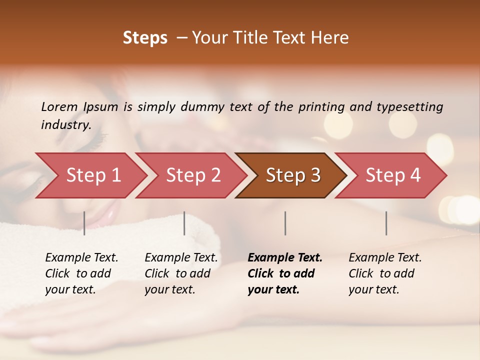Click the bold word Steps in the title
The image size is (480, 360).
tap(145, 38)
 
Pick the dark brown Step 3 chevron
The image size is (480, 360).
tap(293, 175)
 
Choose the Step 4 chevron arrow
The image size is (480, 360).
tap(393, 175)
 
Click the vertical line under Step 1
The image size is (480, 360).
tap(84, 223)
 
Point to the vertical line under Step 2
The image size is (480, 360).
tap(184, 223)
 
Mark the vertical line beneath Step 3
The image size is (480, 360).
tap(285, 223)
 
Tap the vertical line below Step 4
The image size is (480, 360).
tap(386, 223)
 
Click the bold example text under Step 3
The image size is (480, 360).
tap(285, 273)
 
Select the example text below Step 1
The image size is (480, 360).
tap(81, 273)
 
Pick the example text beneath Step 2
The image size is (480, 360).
tap(181, 273)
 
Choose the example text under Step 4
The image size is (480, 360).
tap(385, 273)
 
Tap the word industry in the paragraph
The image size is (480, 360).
tap(66, 125)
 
